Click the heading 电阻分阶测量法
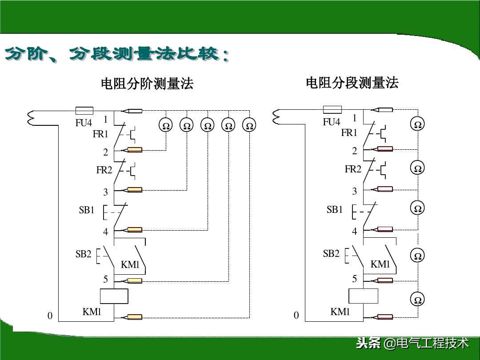click(147, 84)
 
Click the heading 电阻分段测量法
click(352, 83)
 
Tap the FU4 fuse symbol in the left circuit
click(84, 110)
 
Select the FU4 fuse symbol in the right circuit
click(332, 110)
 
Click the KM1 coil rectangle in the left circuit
click(114, 296)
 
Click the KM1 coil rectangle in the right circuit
click(363, 296)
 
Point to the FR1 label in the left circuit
click(100, 134)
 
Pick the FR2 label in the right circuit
click(353, 169)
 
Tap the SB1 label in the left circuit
click(87, 210)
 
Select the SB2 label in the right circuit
click(331, 254)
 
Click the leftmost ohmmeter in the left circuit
click(166, 126)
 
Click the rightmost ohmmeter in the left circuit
click(249, 126)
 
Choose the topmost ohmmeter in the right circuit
click(417, 125)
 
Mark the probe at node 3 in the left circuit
click(134, 190)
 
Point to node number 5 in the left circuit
click(106, 279)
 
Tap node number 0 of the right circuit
click(296, 316)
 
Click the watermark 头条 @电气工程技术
click(412, 343)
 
